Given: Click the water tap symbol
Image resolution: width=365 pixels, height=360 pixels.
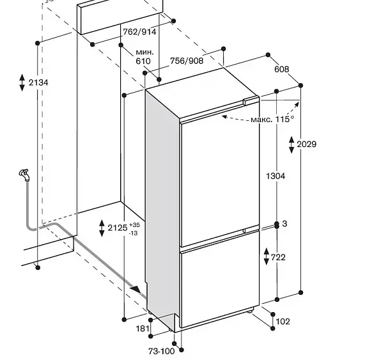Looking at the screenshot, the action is [x=25, y=175].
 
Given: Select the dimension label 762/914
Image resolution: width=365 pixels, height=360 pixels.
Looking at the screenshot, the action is [x=139, y=32].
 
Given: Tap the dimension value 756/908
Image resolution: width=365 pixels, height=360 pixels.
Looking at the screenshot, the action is [x=187, y=61].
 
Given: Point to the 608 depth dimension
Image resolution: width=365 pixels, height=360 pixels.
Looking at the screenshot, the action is [x=282, y=69].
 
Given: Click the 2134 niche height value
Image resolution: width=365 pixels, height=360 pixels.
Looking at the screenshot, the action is [x=38, y=82].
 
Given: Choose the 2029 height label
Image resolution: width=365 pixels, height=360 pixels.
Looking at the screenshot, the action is [x=307, y=145].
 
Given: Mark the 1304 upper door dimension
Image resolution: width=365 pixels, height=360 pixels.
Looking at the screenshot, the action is [x=276, y=176].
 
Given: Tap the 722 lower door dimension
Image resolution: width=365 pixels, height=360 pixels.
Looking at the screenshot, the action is [x=278, y=257].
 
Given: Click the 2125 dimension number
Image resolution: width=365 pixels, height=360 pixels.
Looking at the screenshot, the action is [x=118, y=228].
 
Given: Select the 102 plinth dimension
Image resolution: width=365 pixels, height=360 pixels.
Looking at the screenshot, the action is [x=283, y=322].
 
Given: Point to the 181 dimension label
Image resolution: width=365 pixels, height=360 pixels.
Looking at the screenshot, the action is [x=143, y=329].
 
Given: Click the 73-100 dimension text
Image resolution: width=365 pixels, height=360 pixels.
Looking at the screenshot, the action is [x=162, y=351].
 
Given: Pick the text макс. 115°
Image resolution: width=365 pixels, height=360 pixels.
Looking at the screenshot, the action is [x=272, y=120].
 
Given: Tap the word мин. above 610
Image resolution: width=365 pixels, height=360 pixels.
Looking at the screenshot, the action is [x=145, y=52].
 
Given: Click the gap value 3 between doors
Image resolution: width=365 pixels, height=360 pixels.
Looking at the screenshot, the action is [x=284, y=224].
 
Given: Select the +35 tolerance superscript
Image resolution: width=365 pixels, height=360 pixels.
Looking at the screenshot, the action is [x=134, y=225].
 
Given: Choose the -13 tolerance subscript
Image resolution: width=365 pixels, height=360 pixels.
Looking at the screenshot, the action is [x=134, y=233].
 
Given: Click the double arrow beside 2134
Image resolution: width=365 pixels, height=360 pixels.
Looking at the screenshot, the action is [x=22, y=82].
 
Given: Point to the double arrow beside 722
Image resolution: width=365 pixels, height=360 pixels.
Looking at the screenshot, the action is [x=267, y=256].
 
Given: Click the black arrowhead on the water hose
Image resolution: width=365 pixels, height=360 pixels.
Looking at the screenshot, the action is [x=136, y=290].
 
